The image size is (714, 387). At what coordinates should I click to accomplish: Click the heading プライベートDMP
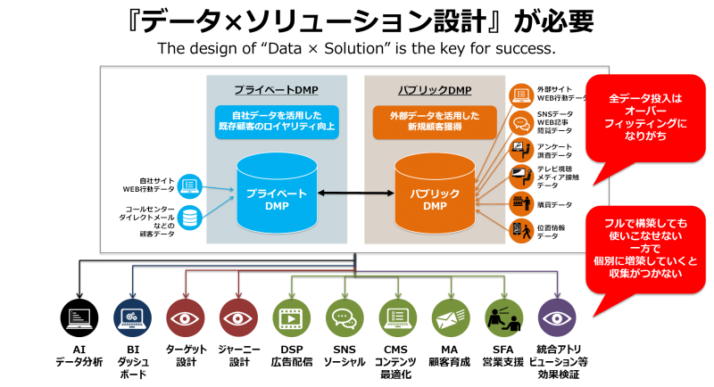[276, 91]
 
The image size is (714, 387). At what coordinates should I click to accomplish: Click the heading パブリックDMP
[434, 91]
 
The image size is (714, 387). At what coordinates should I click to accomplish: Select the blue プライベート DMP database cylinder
[276, 193]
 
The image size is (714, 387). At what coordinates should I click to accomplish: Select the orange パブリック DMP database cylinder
[434, 193]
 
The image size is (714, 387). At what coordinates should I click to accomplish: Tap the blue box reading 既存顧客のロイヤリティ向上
[276, 121]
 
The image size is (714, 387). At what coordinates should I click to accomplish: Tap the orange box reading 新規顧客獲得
[434, 121]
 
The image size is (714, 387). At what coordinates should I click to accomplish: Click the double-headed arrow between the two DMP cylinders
[354, 193]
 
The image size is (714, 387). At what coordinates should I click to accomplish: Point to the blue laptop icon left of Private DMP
[189, 185]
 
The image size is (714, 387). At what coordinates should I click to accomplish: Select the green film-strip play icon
[291, 318]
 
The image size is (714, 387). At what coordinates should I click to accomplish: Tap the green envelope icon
[451, 318]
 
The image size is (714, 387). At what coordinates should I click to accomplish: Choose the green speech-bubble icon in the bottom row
[345, 318]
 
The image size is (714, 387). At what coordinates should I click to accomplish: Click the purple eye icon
[557, 318]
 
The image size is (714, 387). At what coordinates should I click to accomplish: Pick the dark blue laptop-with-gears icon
[133, 318]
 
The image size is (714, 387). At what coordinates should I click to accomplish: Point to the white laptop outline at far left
[79, 318]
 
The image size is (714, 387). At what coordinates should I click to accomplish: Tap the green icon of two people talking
[503, 318]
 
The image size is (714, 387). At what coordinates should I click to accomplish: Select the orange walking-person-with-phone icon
[520, 231]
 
